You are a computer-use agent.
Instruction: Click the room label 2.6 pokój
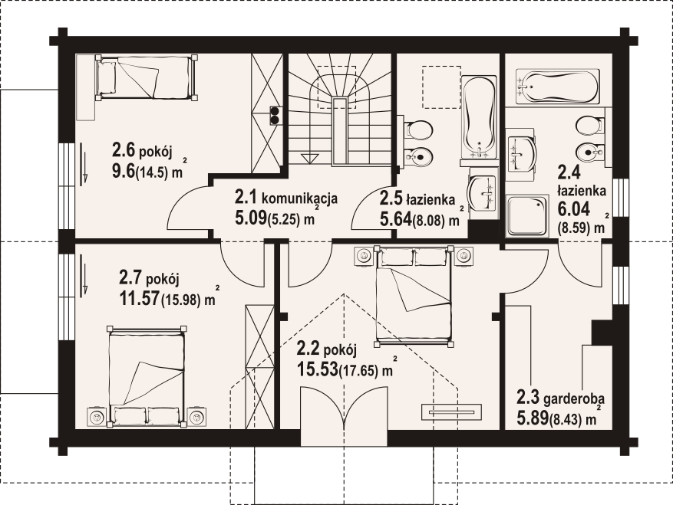(x=142, y=150)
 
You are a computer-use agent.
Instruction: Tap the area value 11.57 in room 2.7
(x=139, y=298)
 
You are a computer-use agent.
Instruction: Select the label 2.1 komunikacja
(x=286, y=198)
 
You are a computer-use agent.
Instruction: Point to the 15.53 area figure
(x=317, y=369)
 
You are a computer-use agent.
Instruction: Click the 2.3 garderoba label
(x=560, y=398)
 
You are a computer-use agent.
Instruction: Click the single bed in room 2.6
(x=147, y=77)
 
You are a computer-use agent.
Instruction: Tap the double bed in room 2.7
(x=147, y=376)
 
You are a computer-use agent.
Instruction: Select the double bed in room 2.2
(x=414, y=297)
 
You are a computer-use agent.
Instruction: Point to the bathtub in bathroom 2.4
(x=558, y=86)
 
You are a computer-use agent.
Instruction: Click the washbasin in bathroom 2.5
(x=483, y=192)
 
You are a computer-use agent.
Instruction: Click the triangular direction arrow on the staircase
(x=309, y=158)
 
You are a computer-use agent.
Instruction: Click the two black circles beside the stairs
(x=275, y=115)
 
